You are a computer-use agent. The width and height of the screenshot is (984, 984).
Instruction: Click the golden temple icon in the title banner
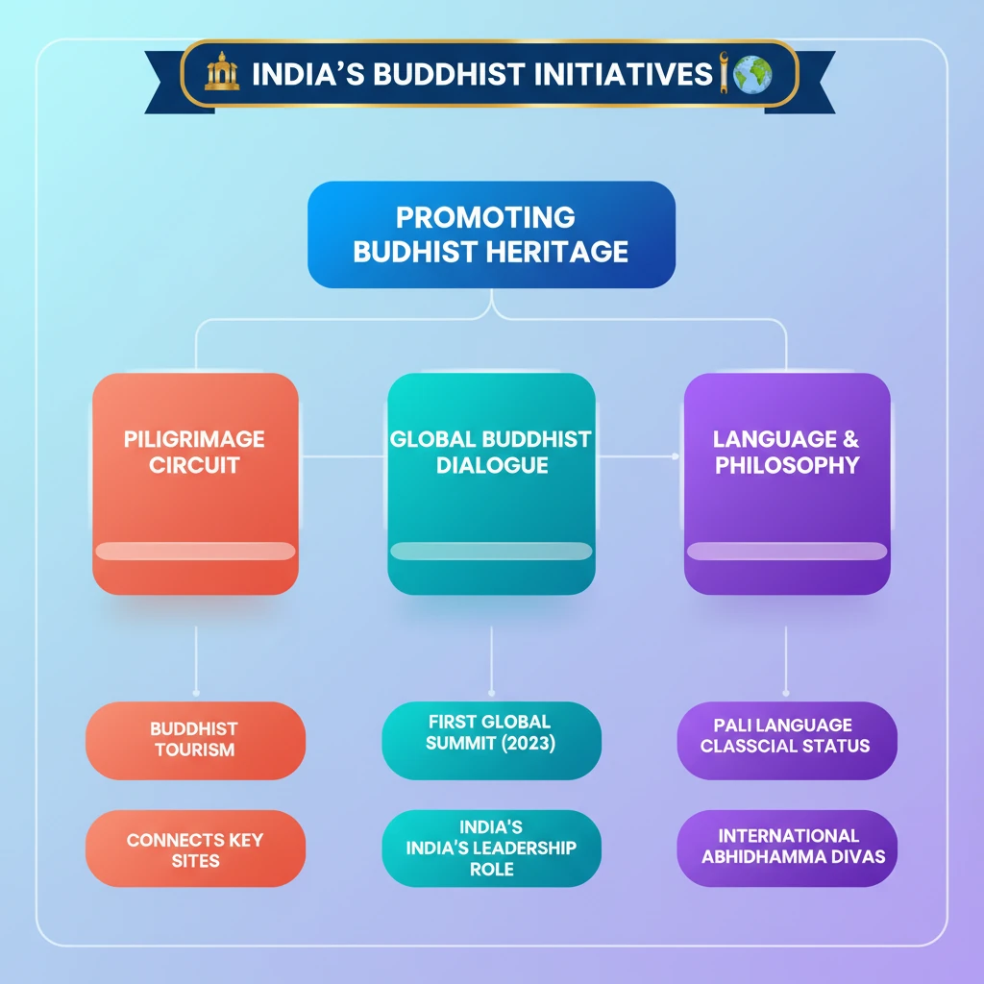[222, 74]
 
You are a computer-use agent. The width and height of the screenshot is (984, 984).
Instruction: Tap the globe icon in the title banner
[751, 74]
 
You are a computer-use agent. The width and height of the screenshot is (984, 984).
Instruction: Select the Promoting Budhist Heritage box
[491, 234]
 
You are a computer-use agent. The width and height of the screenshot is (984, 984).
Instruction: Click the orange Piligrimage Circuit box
[195, 483]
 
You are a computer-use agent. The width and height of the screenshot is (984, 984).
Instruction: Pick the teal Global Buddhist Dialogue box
[491, 483]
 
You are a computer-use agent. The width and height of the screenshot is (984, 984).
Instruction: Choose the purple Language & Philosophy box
[786, 483]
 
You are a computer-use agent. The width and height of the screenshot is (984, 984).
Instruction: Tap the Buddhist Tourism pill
[195, 740]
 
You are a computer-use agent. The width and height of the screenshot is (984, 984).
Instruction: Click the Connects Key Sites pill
[195, 849]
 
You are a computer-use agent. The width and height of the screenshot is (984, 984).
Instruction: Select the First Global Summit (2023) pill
[491, 732]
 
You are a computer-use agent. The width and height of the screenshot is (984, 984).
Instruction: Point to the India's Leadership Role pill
[491, 848]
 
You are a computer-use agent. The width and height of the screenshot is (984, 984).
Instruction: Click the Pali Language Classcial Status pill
[786, 735]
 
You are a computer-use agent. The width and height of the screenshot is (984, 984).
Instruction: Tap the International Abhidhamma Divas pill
[786, 846]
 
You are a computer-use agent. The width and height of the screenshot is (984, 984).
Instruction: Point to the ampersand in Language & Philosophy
[849, 439]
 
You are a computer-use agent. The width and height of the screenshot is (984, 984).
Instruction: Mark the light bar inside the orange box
[195, 551]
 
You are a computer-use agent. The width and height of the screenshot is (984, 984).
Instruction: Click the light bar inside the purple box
[786, 551]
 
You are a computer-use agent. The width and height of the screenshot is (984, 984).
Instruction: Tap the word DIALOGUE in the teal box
[491, 465]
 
